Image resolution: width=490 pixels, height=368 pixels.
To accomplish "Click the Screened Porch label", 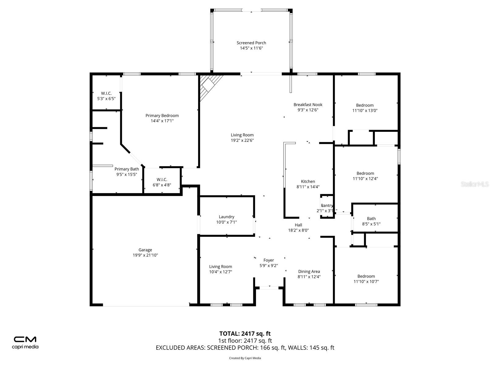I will pos(251,43).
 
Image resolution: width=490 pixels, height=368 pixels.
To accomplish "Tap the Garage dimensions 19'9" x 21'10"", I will pos(145,255).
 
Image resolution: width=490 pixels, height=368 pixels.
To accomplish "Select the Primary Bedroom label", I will pos(162,116).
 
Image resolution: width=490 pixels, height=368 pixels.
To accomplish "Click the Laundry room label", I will pos(226,217).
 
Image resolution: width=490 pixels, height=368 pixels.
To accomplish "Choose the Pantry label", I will pos(327,205).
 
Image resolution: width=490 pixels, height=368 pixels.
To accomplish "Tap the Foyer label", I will pos(269,260).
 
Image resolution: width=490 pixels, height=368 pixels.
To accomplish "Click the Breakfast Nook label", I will pos(308,105).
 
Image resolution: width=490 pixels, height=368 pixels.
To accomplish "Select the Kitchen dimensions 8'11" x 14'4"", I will pos(308,186).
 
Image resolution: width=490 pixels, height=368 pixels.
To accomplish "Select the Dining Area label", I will pos(309,271).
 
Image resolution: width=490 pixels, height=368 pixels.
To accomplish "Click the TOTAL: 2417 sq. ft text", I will pos(245,334).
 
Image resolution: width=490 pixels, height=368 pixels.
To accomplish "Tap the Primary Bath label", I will pos(126,169).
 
